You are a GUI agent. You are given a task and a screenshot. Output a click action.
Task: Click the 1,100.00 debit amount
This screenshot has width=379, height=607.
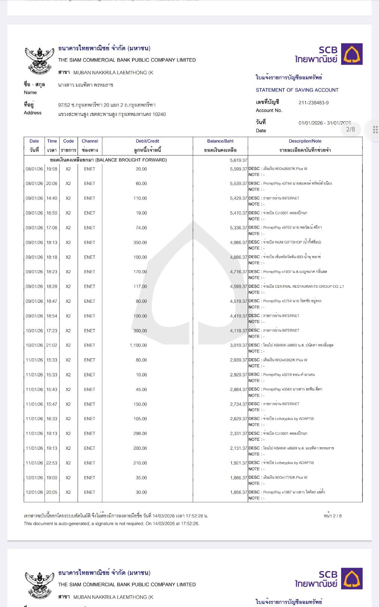pos(138,345)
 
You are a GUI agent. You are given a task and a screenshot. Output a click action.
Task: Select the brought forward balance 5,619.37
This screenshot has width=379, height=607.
pos(238,160)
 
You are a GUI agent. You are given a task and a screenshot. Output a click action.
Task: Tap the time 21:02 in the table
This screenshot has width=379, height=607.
pos(52,345)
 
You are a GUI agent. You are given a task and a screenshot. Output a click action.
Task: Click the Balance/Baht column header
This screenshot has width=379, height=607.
pos(220,141)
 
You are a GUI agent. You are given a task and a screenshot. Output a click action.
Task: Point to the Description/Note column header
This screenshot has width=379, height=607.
pos(305,141)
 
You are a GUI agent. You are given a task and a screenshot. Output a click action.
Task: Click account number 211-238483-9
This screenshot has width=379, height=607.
pos(313,103)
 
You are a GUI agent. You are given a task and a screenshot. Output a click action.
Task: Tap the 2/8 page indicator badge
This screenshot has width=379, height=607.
pos(350,129)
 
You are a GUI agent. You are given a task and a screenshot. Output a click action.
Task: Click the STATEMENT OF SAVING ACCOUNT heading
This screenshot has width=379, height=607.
pos(297,90)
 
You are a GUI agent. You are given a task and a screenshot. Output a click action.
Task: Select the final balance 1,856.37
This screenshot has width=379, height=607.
pos(238,492)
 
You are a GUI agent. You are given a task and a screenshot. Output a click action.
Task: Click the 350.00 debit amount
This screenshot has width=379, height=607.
pos(140,242)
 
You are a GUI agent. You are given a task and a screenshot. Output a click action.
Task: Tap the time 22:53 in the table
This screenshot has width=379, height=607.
pos(52,463)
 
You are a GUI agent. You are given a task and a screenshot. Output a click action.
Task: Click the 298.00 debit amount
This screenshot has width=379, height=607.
pos(140,433)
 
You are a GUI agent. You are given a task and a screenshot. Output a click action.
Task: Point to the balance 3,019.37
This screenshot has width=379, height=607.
pos(238,345)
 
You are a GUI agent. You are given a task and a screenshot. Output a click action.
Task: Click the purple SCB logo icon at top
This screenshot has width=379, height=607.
pos(352,54)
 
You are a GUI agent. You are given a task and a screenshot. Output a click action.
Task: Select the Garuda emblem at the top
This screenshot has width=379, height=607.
pos(39,60)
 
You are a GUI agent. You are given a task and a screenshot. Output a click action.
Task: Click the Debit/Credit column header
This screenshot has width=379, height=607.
pos(147,141)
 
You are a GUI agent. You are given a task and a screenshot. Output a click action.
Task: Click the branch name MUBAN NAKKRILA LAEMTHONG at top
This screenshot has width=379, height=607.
pos(113,73)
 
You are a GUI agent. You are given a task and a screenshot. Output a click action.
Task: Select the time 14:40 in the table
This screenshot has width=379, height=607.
pos(52,198)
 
